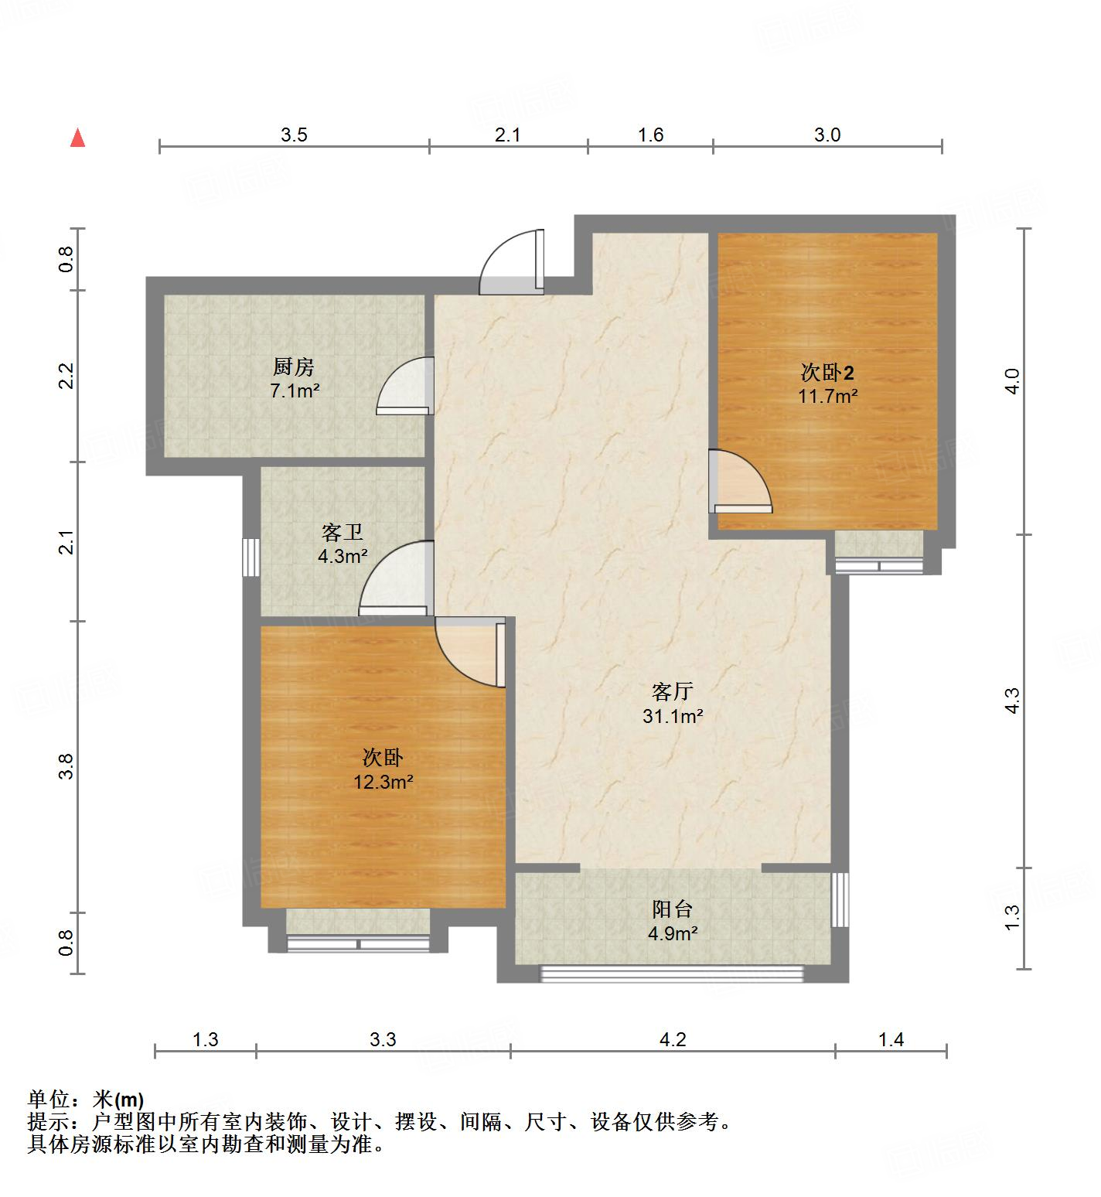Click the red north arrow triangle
[77, 138]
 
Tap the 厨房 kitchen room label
[293, 367]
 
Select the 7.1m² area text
[294, 391]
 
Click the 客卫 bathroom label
[343, 532]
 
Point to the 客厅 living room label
[672, 691]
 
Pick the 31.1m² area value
[672, 717]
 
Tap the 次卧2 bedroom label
[827, 373]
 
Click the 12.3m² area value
[383, 782]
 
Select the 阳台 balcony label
[672, 909]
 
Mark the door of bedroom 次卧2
[740, 483]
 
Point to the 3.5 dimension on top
[294, 135]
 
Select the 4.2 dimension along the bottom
[672, 1039]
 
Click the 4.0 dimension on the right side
[1013, 381]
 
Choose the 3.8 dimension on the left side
[66, 766]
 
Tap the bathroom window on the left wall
[250, 557]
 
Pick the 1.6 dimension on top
[650, 135]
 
